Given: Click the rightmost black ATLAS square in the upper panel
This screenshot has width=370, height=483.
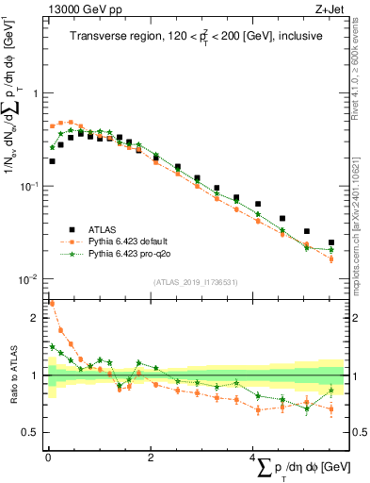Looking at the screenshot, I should click(x=330, y=242).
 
